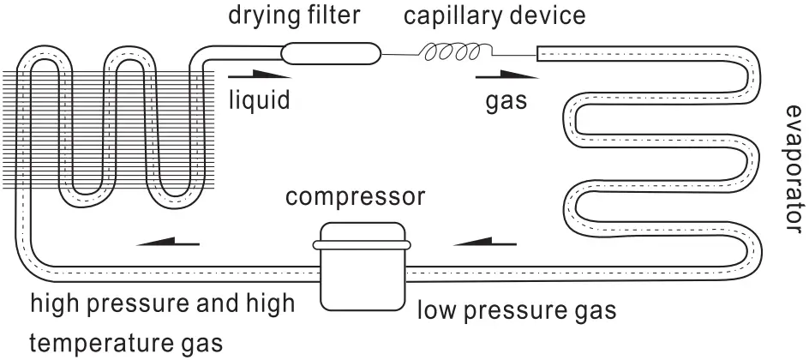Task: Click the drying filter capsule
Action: pos(330,53)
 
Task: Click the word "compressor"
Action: pos(355,198)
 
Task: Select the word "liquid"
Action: pos(259,100)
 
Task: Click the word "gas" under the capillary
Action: pos(506,102)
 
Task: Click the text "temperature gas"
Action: pos(127,344)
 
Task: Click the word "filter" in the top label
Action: pos(335,15)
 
